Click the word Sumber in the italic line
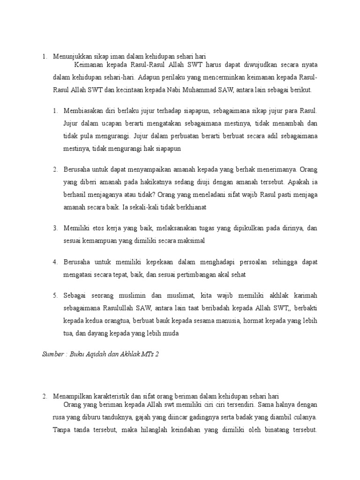point(52,355)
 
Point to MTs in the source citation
point(148,355)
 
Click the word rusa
point(60,416)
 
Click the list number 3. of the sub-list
point(55,228)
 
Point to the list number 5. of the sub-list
point(55,295)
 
